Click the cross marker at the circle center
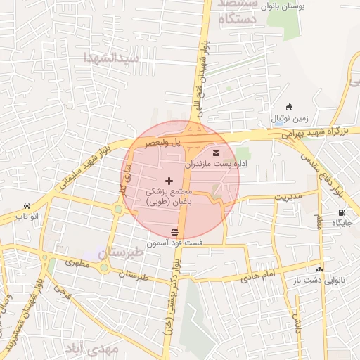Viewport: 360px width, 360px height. (168, 181)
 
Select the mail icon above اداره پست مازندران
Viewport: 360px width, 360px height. (215, 153)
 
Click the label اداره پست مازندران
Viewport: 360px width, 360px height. (216, 164)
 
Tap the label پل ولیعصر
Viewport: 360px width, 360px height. (163, 142)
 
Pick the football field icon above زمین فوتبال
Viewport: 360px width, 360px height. (290, 107)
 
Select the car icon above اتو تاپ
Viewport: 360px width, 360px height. (27, 206)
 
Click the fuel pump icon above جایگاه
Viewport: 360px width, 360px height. (342, 212)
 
